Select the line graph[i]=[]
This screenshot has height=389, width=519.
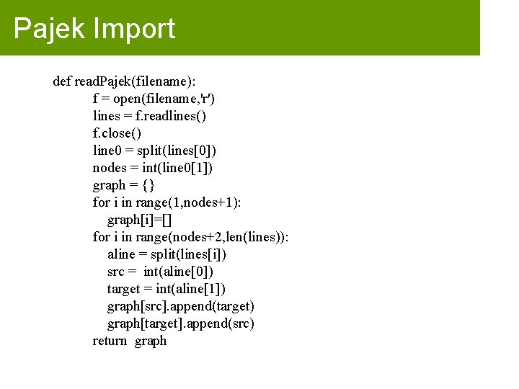point(140,219)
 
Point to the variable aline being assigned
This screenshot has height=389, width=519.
point(121,254)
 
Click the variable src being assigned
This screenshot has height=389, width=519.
point(116,272)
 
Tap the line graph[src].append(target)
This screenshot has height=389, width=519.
point(180,306)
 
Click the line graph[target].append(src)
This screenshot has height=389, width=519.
point(180,323)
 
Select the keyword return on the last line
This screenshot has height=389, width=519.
point(110,341)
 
